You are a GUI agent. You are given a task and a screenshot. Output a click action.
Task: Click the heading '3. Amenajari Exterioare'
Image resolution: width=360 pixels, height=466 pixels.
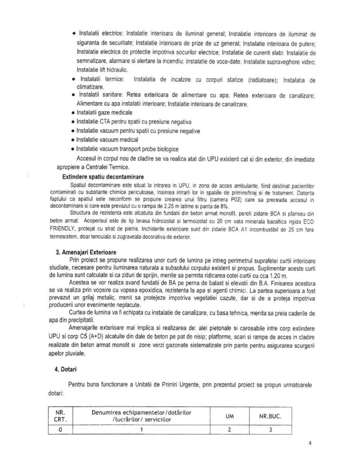click(86, 252)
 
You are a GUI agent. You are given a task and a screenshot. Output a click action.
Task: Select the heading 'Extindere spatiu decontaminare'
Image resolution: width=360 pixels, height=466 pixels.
click(103, 177)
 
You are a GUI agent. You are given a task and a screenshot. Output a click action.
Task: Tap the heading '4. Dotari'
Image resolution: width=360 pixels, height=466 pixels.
click(66, 370)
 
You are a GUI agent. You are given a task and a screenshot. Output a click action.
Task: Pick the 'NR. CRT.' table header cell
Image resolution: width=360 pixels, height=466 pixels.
click(60, 416)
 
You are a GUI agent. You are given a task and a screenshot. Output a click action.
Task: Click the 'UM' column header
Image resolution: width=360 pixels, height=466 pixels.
click(229, 416)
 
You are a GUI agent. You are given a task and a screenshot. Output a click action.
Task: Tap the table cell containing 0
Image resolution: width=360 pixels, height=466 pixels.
click(60, 429)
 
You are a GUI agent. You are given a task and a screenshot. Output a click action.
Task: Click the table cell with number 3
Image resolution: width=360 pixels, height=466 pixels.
click(270, 429)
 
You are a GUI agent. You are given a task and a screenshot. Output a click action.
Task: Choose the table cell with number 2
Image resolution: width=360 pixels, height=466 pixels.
click(229, 429)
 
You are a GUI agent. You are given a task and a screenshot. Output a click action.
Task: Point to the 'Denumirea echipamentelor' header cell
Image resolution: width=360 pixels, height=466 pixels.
click(141, 416)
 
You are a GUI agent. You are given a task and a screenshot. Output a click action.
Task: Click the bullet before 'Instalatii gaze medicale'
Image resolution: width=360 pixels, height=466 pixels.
click(73, 113)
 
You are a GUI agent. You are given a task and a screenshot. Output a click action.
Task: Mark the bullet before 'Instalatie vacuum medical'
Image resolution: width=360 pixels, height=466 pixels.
click(73, 140)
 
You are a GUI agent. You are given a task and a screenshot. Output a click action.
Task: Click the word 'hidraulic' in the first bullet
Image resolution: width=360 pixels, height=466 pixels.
click(117, 70)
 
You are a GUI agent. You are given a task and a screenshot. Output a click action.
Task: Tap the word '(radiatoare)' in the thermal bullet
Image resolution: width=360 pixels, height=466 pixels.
click(263, 80)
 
